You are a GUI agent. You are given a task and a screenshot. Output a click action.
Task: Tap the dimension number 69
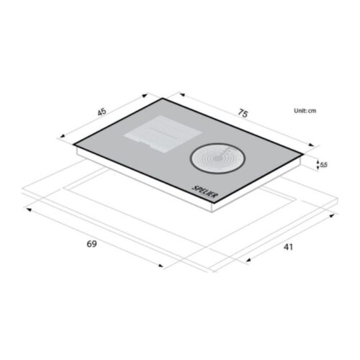pos(91,244)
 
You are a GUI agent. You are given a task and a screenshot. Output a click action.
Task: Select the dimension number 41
pos(288,247)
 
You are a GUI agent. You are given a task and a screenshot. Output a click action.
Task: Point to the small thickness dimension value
pos(324,165)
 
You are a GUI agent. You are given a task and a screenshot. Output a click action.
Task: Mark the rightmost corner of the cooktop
pos(305,153)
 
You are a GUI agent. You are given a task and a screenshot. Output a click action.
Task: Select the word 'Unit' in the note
pos(299,111)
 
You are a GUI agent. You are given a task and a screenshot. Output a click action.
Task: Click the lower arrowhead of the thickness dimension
pos(318,170)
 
